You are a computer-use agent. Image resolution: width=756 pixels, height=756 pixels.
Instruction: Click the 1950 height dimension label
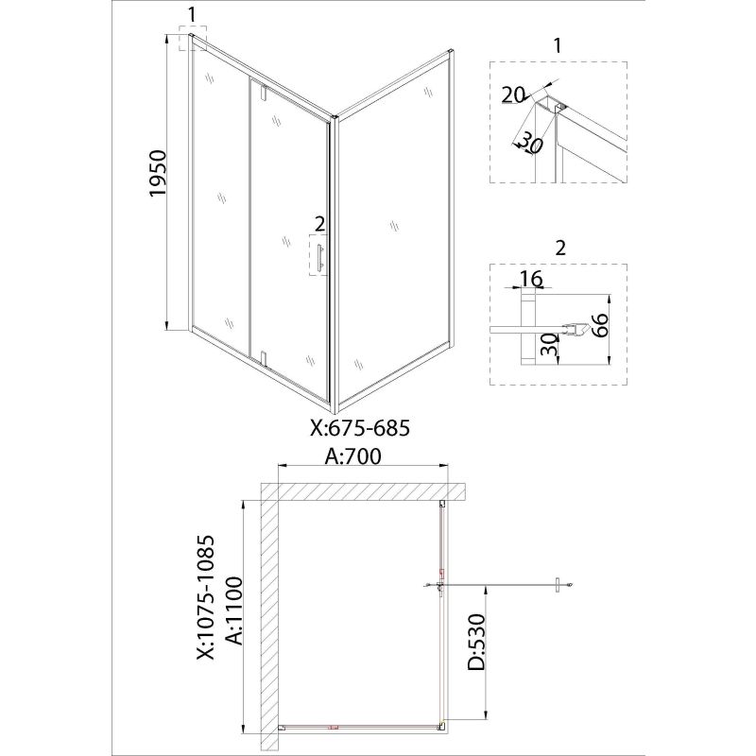pos(158,173)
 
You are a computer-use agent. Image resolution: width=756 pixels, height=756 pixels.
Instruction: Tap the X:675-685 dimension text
pos(360,427)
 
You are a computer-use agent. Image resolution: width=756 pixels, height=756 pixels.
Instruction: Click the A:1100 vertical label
pos(234,610)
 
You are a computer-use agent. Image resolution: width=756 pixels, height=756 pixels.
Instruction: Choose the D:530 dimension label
pos(476,642)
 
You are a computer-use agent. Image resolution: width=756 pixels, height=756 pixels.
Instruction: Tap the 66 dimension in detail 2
pos(601,325)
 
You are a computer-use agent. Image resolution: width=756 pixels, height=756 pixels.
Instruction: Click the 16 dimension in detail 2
pos(531,279)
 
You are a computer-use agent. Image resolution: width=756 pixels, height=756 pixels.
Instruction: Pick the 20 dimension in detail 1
pos(513,95)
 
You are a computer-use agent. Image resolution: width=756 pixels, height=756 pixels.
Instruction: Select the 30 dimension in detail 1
pos(531,144)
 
